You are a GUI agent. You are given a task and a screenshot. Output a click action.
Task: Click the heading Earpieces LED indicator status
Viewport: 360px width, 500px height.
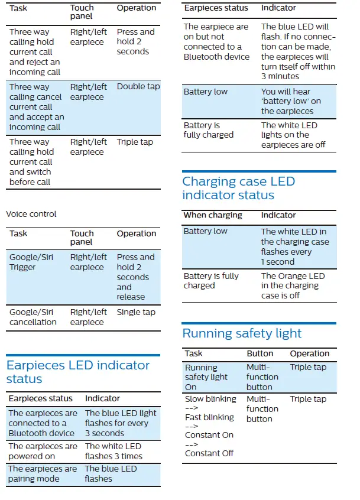click(77, 372)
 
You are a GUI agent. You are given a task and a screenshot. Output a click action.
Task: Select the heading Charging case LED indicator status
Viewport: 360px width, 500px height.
click(238, 188)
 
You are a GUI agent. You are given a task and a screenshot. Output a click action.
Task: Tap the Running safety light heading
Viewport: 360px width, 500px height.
click(242, 333)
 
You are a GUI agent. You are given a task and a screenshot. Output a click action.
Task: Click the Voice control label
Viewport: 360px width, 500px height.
click(31, 214)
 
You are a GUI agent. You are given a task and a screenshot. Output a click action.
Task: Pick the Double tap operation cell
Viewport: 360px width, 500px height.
click(138, 86)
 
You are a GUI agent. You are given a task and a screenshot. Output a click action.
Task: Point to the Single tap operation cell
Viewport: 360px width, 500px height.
click(136, 312)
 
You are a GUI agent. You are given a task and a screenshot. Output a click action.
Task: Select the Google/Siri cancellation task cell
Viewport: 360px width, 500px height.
click(33, 317)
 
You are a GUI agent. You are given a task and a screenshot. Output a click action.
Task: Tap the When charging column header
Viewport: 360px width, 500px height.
click(213, 215)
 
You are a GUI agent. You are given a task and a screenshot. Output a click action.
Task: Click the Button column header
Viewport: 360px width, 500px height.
click(260, 353)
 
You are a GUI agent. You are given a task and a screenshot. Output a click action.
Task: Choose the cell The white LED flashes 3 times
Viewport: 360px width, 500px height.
click(113, 451)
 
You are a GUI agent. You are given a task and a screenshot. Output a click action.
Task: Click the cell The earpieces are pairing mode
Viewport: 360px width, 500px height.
click(43, 473)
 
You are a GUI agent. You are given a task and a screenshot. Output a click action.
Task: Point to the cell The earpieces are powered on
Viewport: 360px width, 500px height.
click(43, 451)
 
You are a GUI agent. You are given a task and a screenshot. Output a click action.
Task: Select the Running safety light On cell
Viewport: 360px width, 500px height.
click(206, 377)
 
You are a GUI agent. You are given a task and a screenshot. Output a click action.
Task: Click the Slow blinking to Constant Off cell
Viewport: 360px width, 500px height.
click(209, 426)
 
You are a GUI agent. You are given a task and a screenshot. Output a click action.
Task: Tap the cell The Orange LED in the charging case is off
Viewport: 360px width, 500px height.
click(293, 285)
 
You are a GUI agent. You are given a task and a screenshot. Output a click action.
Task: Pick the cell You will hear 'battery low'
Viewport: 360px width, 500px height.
click(291, 101)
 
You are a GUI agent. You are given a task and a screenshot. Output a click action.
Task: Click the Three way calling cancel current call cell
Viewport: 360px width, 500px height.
click(36, 107)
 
